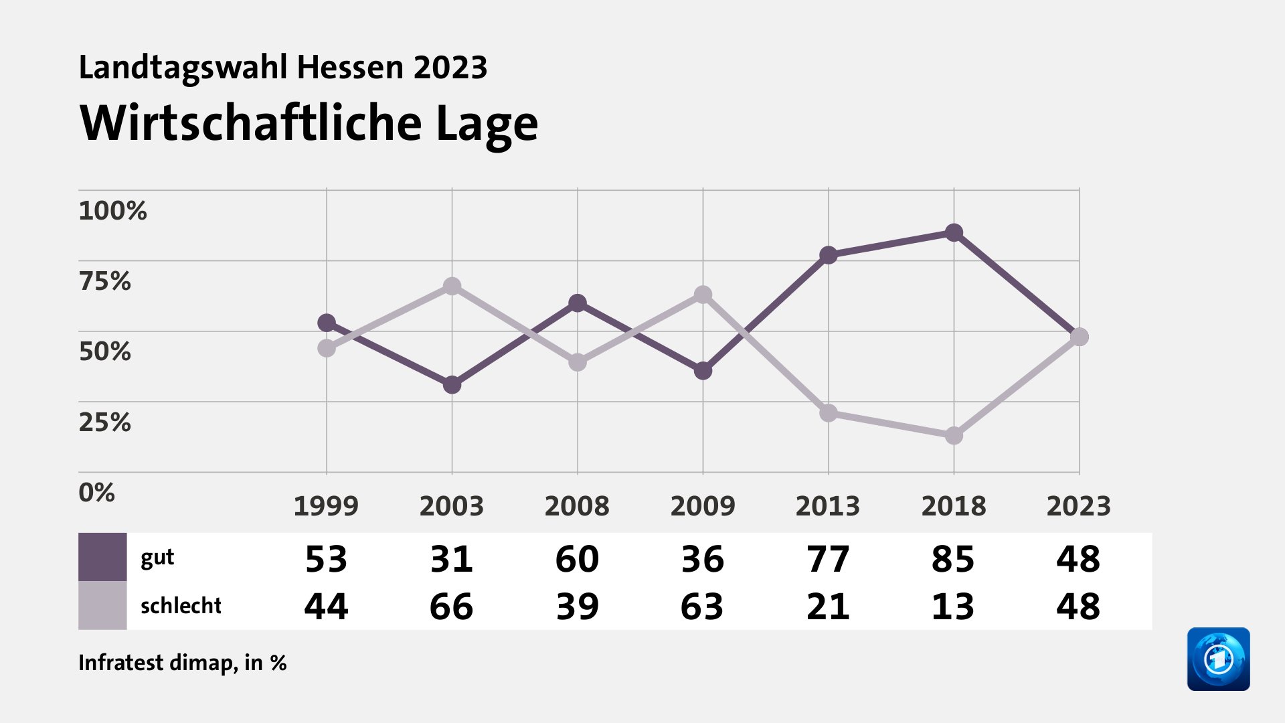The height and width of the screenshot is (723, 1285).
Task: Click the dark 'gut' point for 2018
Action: (x=954, y=233)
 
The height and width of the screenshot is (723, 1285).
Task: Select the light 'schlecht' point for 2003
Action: (x=452, y=287)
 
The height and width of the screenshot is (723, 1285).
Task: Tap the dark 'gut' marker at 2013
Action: (x=829, y=255)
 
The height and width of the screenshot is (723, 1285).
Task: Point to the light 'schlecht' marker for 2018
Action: (x=954, y=436)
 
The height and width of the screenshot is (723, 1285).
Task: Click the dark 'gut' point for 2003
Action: (x=452, y=385)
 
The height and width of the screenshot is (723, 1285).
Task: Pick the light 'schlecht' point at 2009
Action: (x=703, y=295)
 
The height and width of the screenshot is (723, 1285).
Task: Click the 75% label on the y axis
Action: (x=104, y=281)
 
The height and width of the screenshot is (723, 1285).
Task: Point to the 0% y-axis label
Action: (x=96, y=493)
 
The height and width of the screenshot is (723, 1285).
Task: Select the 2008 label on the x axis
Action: (x=577, y=506)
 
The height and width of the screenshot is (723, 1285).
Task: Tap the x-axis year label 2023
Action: (x=1078, y=506)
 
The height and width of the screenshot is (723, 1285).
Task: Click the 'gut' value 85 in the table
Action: (x=953, y=559)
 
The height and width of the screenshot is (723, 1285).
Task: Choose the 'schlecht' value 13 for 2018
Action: (x=953, y=607)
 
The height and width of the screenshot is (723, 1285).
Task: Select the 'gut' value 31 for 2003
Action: (x=452, y=559)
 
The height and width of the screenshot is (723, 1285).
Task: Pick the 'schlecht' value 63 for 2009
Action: (x=702, y=607)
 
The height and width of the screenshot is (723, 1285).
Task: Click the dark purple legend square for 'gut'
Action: (x=102, y=557)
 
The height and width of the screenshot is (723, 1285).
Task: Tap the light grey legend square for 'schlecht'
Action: (x=102, y=605)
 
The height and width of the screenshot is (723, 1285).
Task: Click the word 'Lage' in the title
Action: (x=487, y=124)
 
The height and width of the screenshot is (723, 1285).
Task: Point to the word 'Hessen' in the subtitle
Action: (x=350, y=68)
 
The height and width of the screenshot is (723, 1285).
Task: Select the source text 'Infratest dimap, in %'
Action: (x=183, y=663)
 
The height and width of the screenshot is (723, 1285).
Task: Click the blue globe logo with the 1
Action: (x=1218, y=659)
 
